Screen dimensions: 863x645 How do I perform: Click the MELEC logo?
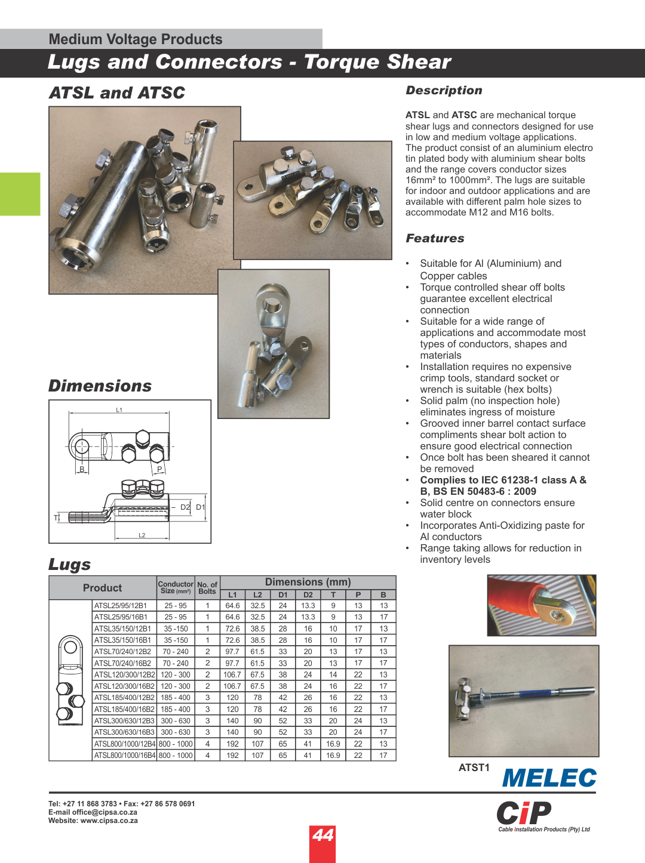click(x=549, y=778)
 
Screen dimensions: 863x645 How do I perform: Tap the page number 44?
click(x=322, y=835)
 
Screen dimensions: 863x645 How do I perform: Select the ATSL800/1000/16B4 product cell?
click(x=124, y=756)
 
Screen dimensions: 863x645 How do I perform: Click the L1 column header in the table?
click(x=232, y=594)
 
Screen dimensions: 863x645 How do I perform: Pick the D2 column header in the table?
click(x=308, y=594)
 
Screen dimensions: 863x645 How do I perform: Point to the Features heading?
click(x=435, y=238)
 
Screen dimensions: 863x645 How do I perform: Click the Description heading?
click(x=444, y=90)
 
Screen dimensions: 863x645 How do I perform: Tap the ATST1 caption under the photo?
click(x=474, y=768)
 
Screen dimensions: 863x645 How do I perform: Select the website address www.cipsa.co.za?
click(x=109, y=821)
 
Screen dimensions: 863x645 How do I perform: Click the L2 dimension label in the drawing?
click(x=142, y=535)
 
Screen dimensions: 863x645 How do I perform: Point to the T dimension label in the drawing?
click(x=56, y=517)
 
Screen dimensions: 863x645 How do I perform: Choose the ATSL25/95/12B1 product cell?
click(x=121, y=606)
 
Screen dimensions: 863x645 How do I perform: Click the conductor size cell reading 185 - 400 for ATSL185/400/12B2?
click(x=175, y=698)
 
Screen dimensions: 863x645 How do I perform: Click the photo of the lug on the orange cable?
click(x=542, y=605)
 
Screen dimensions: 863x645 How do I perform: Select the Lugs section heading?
click(x=70, y=564)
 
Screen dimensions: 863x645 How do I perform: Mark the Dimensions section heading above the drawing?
click(x=100, y=386)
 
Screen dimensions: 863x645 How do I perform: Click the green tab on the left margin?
click(x=20, y=194)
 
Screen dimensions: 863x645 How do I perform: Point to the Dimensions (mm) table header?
click(x=308, y=582)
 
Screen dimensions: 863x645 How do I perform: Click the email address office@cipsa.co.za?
click(x=105, y=812)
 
